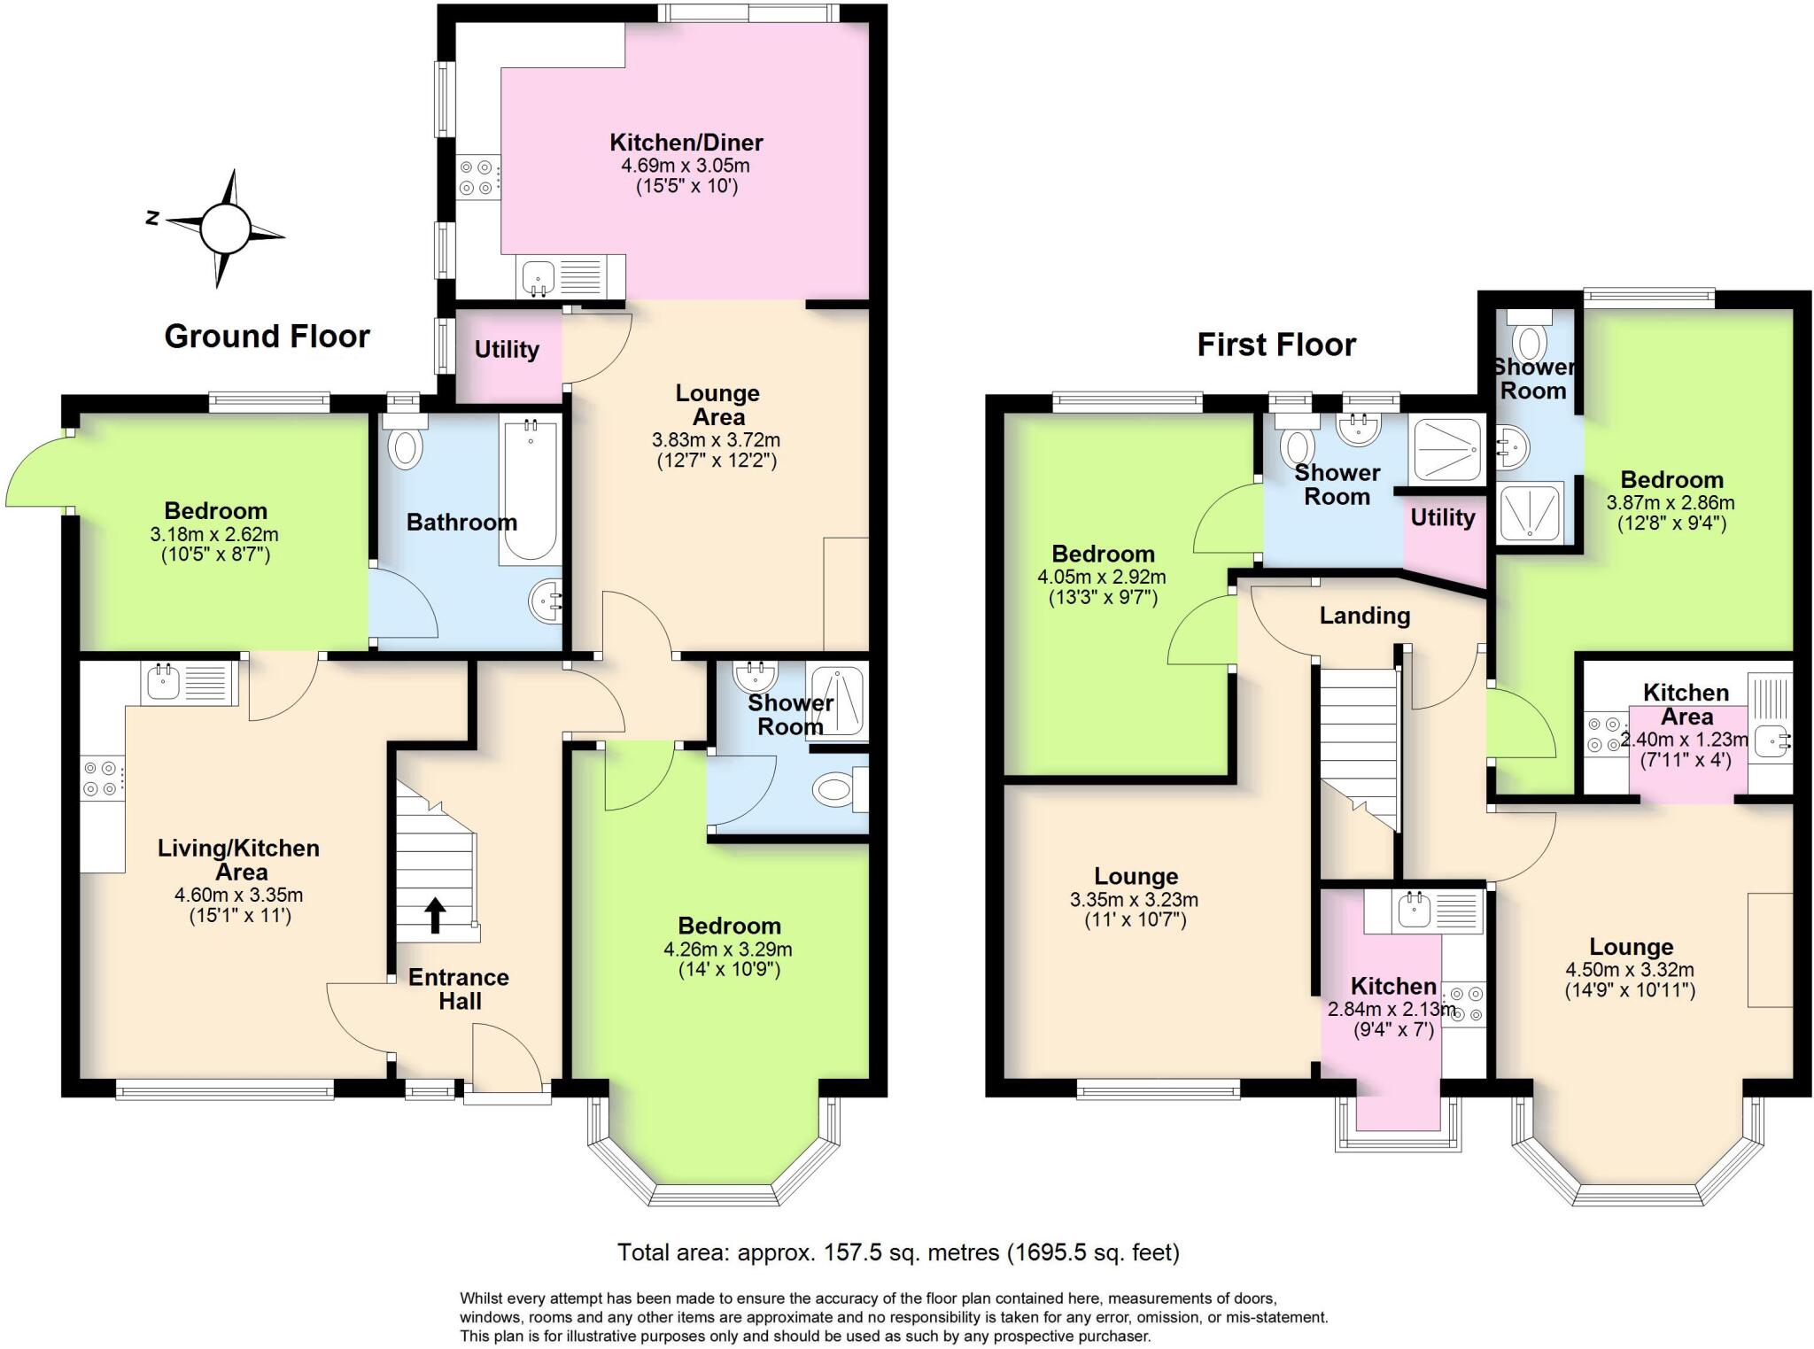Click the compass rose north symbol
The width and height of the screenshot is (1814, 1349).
[x=152, y=218]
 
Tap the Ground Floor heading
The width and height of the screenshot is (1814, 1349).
[x=267, y=337]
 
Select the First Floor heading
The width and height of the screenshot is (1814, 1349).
[x=1275, y=345]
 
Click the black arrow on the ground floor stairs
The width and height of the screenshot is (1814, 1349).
[x=435, y=916]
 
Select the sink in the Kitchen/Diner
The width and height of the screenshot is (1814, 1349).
[x=537, y=276]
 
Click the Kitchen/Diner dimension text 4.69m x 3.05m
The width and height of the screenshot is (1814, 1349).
[x=686, y=166]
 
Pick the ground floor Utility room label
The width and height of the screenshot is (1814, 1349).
[x=507, y=350]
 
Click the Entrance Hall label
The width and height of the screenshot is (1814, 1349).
[x=459, y=989]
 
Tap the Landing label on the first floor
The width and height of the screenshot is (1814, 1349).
[x=1364, y=616]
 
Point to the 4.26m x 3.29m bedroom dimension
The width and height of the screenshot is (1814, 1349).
[x=728, y=950]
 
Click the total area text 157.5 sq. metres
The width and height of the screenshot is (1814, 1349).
[x=898, y=1252]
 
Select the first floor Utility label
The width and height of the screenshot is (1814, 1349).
[x=1442, y=518]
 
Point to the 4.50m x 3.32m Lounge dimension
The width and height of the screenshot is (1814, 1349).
[x=1630, y=970]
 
